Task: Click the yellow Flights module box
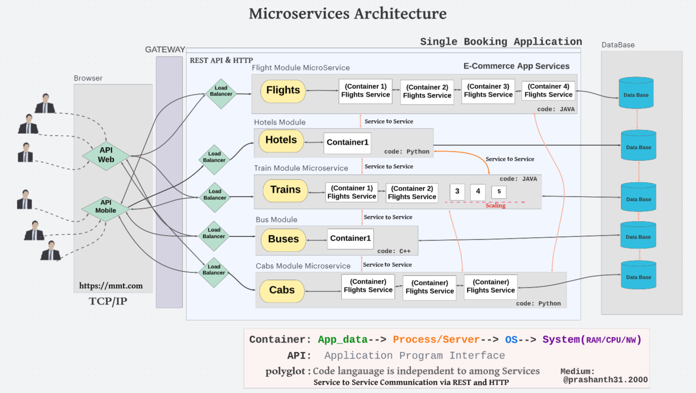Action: click(283, 91)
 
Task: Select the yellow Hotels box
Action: click(281, 141)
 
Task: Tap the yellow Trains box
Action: click(285, 190)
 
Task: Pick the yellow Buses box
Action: click(283, 239)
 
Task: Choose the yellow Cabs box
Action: click(282, 290)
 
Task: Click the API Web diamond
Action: click(106, 155)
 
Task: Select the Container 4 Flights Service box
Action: click(548, 91)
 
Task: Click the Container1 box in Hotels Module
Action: click(347, 142)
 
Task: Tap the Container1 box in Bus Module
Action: click(350, 238)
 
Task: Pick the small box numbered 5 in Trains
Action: click(499, 191)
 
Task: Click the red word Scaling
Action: click(495, 206)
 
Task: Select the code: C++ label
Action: click(394, 251)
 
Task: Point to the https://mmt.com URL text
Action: click(111, 286)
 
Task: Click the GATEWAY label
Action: click(165, 50)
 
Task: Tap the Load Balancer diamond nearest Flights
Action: click(221, 93)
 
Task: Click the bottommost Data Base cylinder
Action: click(639, 275)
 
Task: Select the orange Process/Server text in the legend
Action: click(436, 340)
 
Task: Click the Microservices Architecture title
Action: click(348, 14)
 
